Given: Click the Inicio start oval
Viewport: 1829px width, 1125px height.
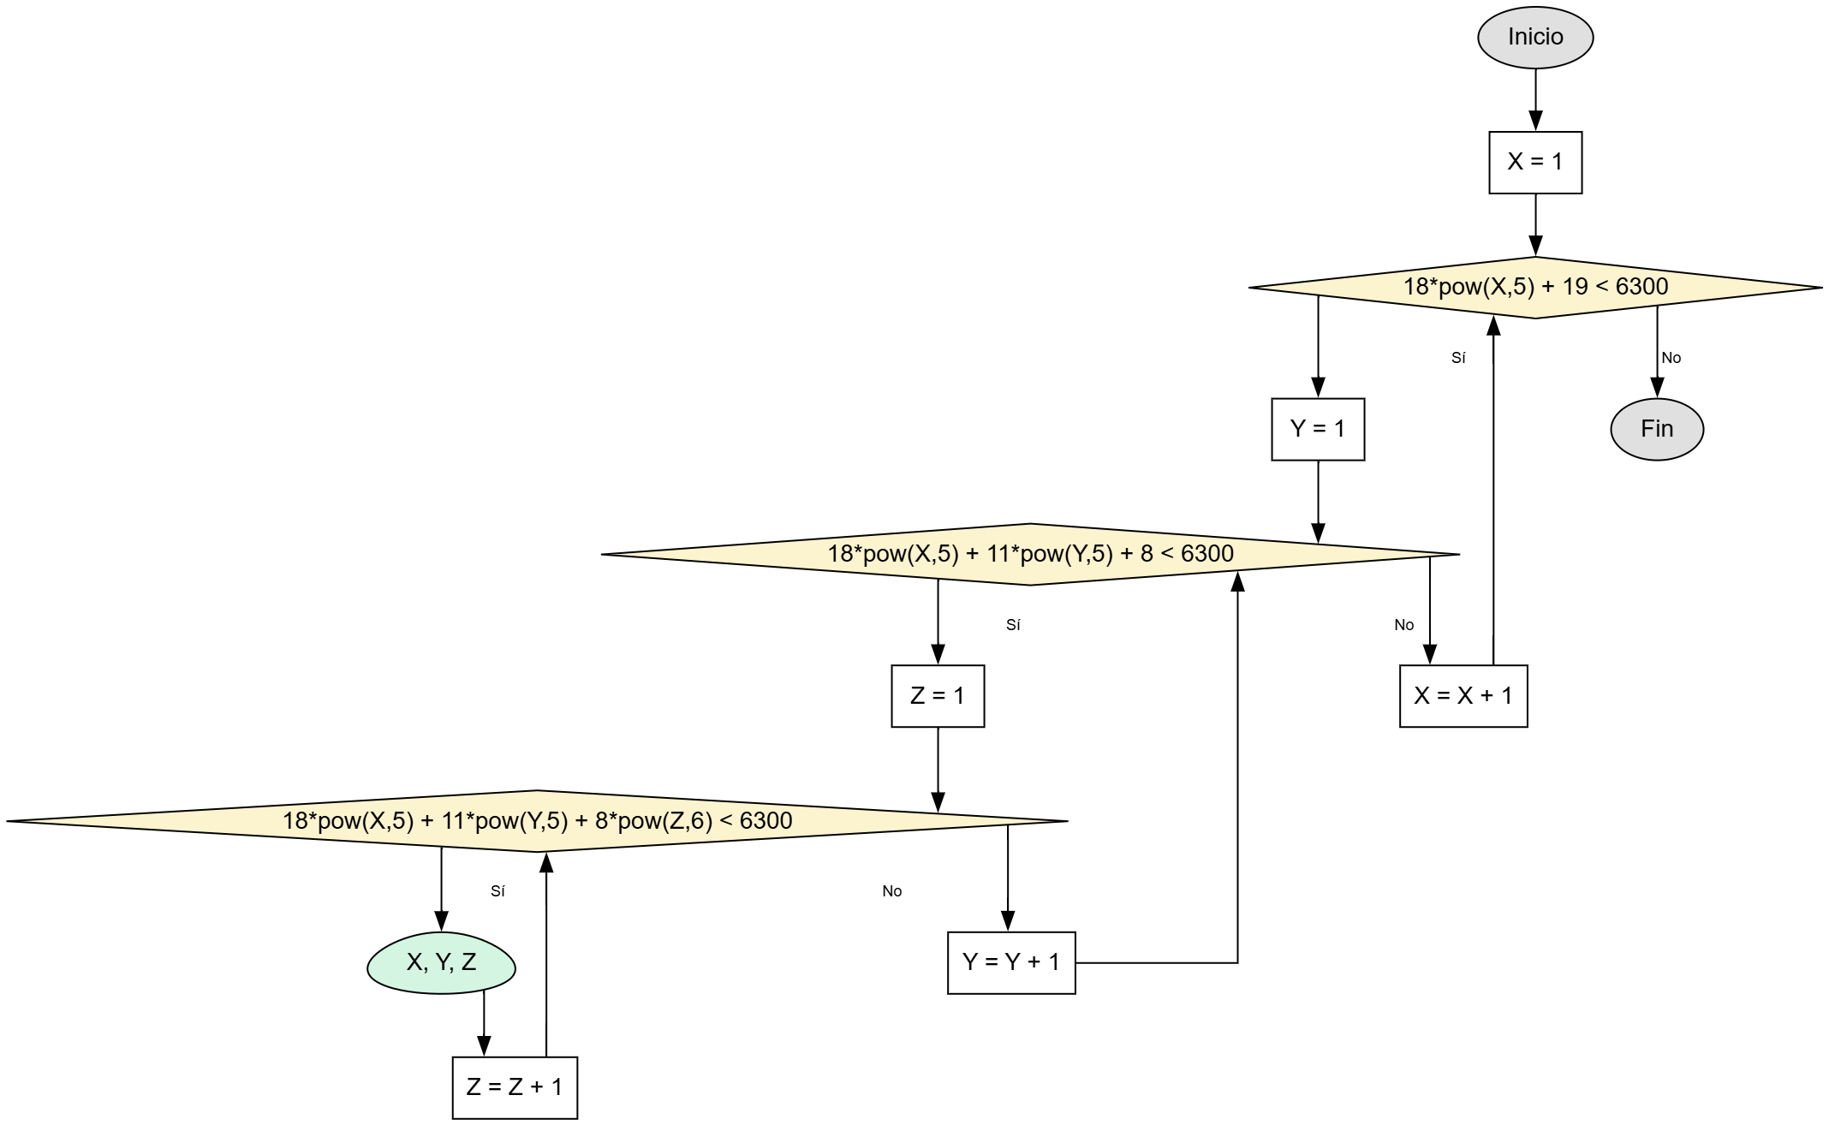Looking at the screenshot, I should (1534, 38).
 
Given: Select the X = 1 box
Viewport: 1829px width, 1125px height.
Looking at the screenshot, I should (1534, 162).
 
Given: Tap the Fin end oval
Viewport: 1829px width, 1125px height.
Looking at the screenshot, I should (1656, 429).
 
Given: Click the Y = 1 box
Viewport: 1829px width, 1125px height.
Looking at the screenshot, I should (1317, 429).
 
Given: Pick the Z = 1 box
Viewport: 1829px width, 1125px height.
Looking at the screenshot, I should (937, 696).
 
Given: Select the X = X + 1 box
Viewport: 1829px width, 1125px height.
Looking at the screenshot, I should (1463, 696).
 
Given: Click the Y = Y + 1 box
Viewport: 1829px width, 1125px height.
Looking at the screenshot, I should (1010, 962).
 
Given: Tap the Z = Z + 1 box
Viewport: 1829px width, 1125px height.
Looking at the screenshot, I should (514, 1087).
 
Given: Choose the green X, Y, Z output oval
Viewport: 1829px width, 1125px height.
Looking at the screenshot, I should (441, 962).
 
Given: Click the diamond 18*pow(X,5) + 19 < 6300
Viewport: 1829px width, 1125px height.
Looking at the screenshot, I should (1534, 287).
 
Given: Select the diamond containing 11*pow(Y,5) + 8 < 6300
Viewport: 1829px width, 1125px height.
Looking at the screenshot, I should (1030, 554).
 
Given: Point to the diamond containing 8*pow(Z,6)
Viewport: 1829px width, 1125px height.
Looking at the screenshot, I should (537, 820).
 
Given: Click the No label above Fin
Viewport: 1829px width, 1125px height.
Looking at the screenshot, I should (1671, 358).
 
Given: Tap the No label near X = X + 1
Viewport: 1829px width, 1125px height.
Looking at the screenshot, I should (1403, 625).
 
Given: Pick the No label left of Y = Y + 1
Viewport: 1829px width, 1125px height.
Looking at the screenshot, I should (891, 891).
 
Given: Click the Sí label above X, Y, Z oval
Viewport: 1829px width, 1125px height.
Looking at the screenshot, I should (497, 891).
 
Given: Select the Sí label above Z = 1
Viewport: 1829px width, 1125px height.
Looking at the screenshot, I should (1013, 625).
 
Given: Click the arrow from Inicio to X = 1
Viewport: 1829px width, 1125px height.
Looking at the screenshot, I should (1534, 99).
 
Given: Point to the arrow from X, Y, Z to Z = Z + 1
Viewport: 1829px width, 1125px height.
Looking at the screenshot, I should (484, 1024).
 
